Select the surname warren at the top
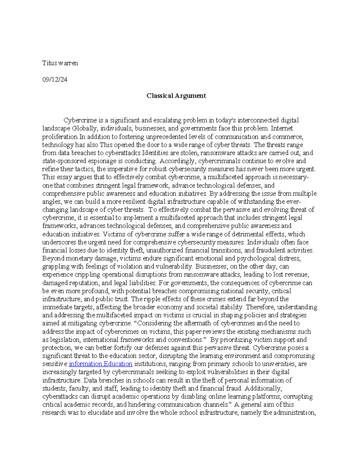coord(68,63)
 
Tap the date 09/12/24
coord(55,80)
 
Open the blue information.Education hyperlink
coord(100,364)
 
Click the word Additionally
coord(263,389)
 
